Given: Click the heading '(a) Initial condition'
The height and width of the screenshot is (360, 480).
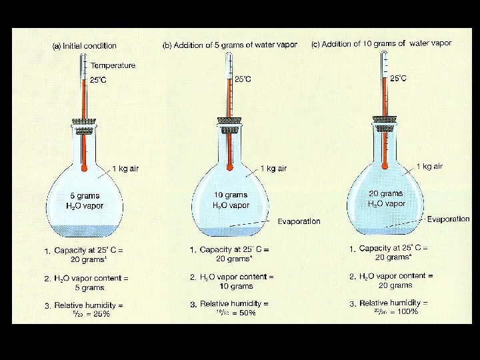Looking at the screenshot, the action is pyautogui.click(x=85, y=46).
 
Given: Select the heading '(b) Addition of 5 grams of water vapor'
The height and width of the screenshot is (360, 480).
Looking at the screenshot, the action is pyautogui.click(x=230, y=45).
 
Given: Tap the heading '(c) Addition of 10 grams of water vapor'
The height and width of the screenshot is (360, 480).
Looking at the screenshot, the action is pyautogui.click(x=381, y=43).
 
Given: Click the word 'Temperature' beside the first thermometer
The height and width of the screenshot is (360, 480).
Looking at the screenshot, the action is pyautogui.click(x=113, y=65).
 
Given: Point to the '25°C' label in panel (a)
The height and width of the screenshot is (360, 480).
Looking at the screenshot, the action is pyautogui.click(x=98, y=80).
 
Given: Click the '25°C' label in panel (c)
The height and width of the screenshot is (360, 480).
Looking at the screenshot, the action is pyautogui.click(x=398, y=78).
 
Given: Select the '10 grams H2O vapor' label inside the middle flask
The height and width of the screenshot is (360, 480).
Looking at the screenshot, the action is pyautogui.click(x=231, y=201).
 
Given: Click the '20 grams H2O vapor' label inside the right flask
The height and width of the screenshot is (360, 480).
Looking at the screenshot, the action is pyautogui.click(x=386, y=198).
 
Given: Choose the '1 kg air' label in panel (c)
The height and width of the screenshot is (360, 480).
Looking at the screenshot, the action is pyautogui.click(x=429, y=166).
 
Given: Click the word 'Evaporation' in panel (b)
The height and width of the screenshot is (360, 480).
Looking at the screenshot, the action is pyautogui.click(x=299, y=221).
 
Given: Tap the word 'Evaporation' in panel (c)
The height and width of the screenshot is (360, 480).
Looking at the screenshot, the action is pyautogui.click(x=448, y=219).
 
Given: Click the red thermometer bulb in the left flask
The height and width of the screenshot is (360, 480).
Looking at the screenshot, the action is pyautogui.click(x=83, y=168).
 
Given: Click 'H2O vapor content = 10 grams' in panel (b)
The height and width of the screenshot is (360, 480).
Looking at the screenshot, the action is pyautogui.click(x=231, y=281).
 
